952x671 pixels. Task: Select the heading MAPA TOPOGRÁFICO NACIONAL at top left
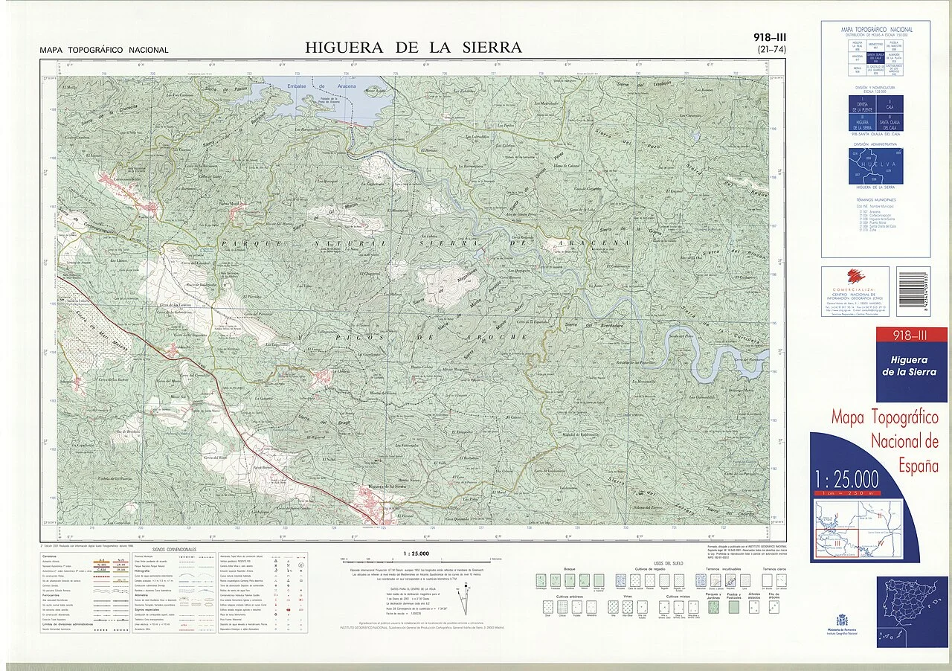pos(104,51)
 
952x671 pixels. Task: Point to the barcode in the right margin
pos(913,292)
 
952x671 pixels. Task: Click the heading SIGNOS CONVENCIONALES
pos(172,549)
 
